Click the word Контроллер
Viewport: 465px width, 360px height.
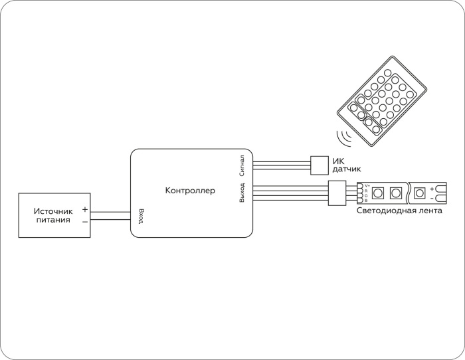point(190,191)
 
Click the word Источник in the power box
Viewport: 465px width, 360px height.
point(52,211)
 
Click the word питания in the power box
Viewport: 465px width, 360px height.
point(53,220)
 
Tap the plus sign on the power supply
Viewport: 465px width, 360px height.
point(84,209)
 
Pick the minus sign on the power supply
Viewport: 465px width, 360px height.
point(84,221)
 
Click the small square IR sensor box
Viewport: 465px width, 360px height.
point(320,163)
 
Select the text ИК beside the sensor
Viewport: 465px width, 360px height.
point(338,161)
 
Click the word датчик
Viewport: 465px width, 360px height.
point(346,170)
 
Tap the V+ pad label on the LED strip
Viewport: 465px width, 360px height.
point(367,185)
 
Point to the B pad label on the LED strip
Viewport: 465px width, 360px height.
point(366,201)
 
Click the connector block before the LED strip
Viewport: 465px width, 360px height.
point(335,193)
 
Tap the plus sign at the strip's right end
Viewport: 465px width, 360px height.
point(432,189)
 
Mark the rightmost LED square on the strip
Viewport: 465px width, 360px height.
point(419,193)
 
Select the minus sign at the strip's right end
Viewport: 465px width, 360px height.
point(432,198)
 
